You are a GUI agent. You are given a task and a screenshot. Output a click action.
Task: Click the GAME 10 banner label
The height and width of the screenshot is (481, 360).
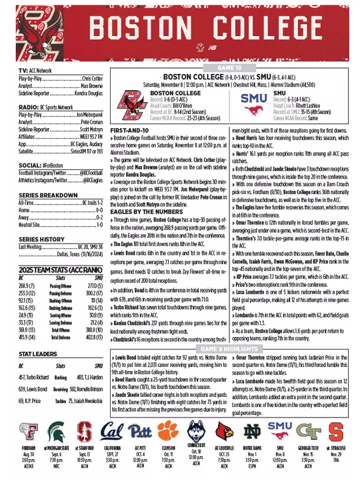coord(229,67)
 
